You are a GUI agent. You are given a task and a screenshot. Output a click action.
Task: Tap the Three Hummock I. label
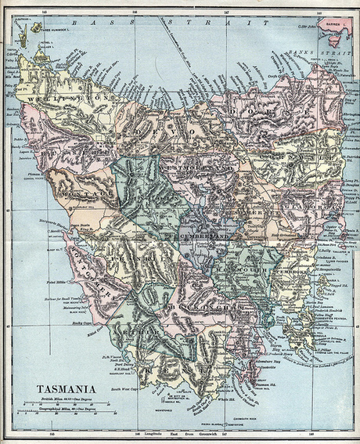point(59,30)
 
